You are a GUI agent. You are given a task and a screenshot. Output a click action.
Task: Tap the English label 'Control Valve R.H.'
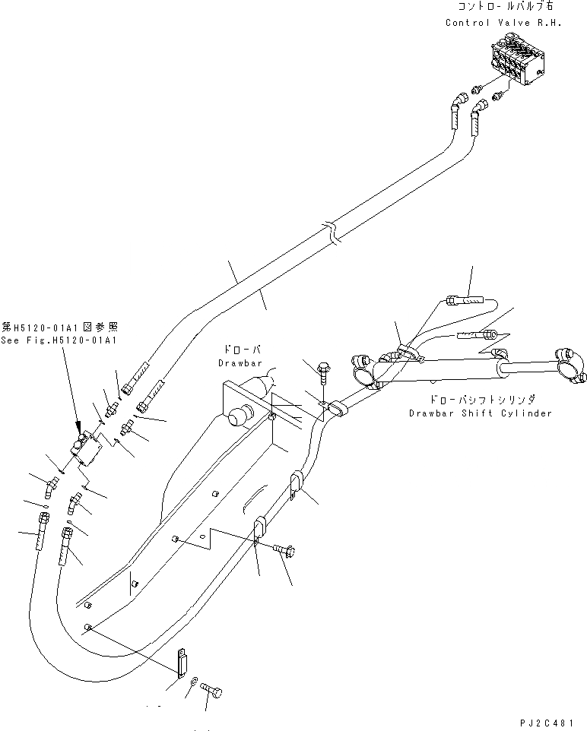[503, 22]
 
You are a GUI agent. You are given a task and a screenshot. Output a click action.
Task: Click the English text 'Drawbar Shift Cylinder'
[480, 413]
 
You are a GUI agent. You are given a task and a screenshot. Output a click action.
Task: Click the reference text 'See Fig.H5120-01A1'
[59, 340]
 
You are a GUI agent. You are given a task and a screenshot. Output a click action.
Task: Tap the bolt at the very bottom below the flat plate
[212, 690]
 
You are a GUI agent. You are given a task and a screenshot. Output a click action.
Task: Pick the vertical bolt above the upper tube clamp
[324, 372]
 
